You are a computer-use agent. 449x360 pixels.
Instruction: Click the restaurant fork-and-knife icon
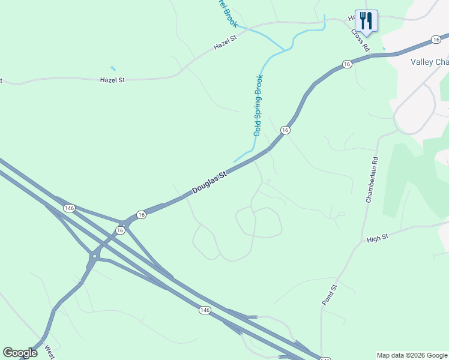[x=366, y=21]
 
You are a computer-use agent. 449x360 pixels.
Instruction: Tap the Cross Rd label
[x=360, y=41]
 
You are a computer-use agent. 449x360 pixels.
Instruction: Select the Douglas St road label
[x=209, y=182]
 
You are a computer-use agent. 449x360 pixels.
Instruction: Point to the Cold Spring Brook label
[x=258, y=105]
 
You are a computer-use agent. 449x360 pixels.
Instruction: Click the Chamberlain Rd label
[x=372, y=179]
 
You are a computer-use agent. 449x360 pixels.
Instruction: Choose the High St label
[x=378, y=238]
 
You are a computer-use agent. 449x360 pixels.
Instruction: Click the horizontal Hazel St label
[x=112, y=79]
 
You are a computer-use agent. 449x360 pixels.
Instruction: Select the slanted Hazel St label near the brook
[x=226, y=41]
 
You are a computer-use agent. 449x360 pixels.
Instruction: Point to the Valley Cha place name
[x=429, y=62]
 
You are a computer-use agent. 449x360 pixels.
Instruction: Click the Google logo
[x=20, y=353]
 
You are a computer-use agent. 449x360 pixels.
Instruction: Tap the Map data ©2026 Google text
[x=412, y=355]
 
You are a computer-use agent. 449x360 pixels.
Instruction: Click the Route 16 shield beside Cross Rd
[x=347, y=64]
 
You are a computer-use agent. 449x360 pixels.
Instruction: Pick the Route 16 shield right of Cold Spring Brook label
[x=285, y=130]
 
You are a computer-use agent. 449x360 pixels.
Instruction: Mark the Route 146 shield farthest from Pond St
[x=70, y=208]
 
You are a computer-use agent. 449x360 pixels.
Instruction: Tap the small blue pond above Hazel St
[x=113, y=68]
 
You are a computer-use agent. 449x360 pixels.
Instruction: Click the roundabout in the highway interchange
[x=94, y=257]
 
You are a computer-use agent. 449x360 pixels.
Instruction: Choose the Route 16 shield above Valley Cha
[x=436, y=40]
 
